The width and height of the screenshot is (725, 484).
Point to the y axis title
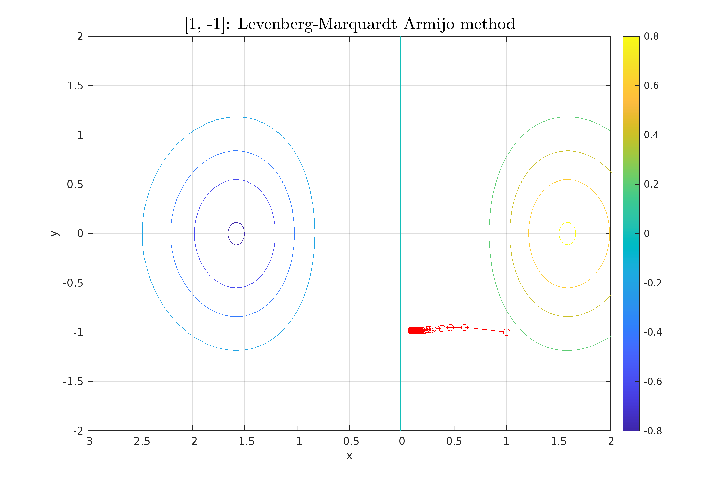(x=55, y=233)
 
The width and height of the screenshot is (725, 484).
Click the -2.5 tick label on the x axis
(x=140, y=442)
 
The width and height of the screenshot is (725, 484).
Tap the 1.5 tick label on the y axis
(x=75, y=86)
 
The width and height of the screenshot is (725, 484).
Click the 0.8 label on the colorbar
(x=651, y=36)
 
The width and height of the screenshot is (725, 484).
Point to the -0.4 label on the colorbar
(x=652, y=332)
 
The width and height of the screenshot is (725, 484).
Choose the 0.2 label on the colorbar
(x=651, y=184)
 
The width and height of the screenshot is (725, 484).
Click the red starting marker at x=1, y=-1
(x=506, y=332)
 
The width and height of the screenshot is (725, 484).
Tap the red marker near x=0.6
(x=464, y=327)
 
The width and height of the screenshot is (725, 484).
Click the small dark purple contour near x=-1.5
(x=236, y=222)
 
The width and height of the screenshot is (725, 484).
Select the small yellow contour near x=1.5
(x=567, y=223)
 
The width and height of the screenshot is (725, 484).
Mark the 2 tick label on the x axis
(x=611, y=442)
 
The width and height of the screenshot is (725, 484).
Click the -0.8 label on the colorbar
(x=652, y=431)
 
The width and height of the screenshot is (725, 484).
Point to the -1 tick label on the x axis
(x=297, y=442)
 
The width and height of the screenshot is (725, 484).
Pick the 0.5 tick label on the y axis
(x=75, y=185)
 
